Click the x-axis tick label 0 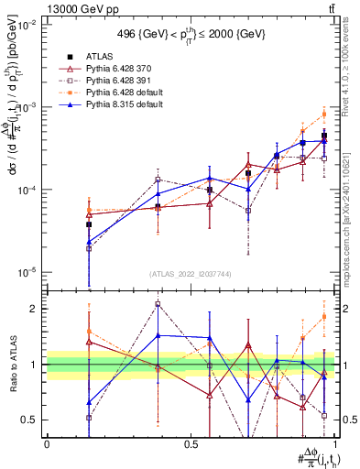pos(47,442)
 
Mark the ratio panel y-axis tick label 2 pos(34,309)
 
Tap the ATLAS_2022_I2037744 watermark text pos(191,274)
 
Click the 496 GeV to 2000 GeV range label pos(191,34)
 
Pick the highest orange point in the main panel pos(323,115)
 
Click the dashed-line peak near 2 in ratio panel pos(158,304)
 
